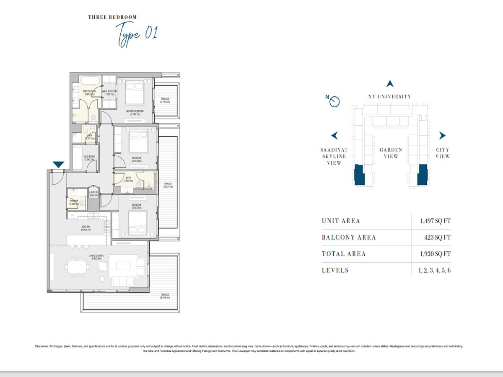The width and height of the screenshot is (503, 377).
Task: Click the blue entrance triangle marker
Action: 58,165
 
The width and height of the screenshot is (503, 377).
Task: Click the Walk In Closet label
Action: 109,93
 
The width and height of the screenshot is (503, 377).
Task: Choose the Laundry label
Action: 93,194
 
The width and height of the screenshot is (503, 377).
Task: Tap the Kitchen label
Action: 86,228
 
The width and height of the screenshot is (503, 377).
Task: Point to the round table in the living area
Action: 102,279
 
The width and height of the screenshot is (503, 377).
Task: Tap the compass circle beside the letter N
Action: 334,102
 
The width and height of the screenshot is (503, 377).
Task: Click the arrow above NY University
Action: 390,84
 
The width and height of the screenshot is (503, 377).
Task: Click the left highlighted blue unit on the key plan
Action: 359,175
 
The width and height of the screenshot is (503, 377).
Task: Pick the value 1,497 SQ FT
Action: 435,221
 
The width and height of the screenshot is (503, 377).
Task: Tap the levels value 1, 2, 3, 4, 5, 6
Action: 434,270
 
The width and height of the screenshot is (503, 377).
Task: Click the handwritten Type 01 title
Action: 136,34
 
